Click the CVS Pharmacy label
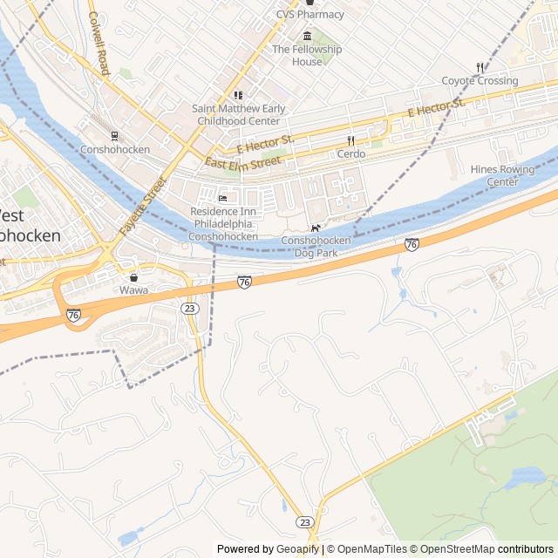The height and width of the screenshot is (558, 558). [310, 14]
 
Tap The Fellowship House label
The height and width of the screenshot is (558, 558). [307, 55]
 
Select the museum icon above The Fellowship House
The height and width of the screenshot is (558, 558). [307, 36]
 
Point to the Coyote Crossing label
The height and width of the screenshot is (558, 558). [480, 81]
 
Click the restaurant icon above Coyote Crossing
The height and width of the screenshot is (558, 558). [480, 67]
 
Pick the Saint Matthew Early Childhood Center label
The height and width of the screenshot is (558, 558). [238, 114]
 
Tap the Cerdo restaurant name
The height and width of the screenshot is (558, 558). [351, 154]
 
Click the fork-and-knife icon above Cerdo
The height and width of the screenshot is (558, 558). [351, 140]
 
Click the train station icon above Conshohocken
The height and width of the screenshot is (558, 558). [114, 135]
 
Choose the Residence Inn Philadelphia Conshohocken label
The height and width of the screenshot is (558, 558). [224, 224]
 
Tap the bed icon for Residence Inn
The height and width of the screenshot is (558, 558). [222, 198]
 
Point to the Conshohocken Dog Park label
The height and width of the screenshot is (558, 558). [316, 247]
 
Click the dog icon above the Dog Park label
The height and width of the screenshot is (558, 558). [316, 228]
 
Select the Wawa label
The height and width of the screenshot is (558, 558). [133, 290]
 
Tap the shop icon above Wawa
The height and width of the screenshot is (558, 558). [133, 276]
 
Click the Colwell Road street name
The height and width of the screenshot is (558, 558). [98, 44]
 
